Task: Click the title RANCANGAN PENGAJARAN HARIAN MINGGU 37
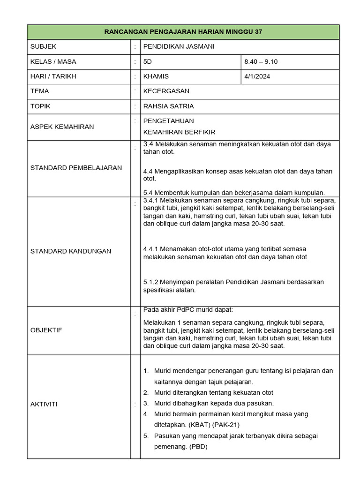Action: point(183,32)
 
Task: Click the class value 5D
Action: point(148,61)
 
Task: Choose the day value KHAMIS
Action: point(156,76)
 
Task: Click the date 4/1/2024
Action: point(257,76)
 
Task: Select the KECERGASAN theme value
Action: point(166,91)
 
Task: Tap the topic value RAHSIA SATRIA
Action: point(168,106)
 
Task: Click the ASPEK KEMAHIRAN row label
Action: point(62,127)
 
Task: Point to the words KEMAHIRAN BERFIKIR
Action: point(179,132)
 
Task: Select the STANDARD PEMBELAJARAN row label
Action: point(76,168)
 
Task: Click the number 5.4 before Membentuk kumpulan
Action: point(148,193)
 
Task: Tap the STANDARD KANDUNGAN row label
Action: point(71,251)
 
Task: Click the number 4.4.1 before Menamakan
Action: point(151,249)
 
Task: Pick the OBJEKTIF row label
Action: point(46,330)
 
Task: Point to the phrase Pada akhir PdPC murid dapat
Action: point(187,310)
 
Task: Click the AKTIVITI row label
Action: point(44,404)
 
